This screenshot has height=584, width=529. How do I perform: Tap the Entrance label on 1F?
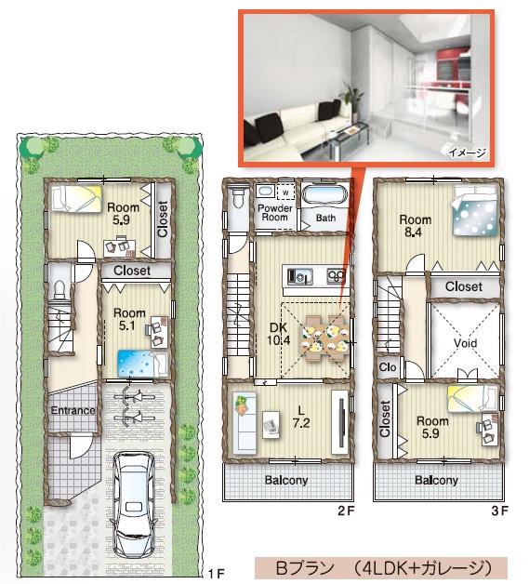[x=72, y=411]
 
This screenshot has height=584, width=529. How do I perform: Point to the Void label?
[x=466, y=342]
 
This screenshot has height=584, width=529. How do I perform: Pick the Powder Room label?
[x=275, y=213]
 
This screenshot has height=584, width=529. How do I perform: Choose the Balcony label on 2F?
[x=288, y=481]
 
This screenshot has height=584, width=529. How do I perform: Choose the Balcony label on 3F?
[x=436, y=481]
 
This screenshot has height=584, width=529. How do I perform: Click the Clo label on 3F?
[x=388, y=366]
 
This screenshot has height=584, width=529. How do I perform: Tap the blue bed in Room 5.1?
[x=139, y=361]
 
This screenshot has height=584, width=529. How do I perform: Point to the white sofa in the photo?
[x=288, y=122]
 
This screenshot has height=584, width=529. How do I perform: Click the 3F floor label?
[x=499, y=511]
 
